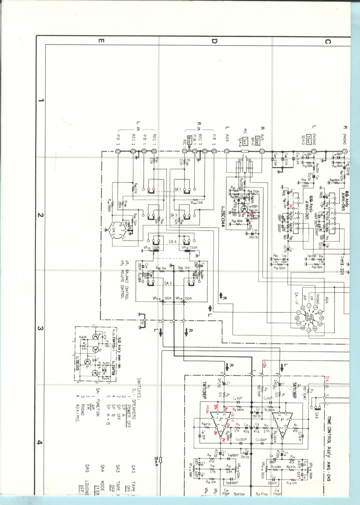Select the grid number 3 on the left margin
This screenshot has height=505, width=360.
pos(40,329)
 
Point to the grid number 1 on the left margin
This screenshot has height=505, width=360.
pos(40,100)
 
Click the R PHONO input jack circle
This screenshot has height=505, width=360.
pos(344,152)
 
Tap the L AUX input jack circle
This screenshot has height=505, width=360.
pos(227,152)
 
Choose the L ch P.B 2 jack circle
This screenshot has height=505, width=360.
pos(118,152)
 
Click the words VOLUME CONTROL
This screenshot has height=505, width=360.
pos(122,284)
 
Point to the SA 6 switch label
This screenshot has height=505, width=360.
pos(317,414)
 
